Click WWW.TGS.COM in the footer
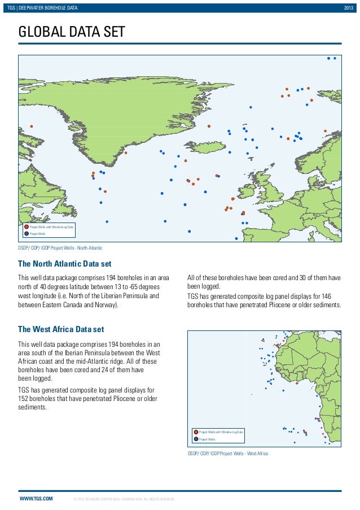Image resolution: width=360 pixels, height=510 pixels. [36, 499]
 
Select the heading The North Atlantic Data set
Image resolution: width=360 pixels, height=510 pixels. [65, 264]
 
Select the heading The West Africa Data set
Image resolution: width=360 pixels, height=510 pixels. [61, 329]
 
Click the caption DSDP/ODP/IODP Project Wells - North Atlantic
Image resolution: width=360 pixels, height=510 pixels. [60, 248]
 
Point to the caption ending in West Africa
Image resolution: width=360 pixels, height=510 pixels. [227, 454]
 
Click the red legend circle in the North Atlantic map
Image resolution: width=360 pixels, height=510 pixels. [26, 226]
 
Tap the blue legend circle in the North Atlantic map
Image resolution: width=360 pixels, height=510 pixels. [26, 233]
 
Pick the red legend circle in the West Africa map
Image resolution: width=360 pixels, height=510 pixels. [196, 432]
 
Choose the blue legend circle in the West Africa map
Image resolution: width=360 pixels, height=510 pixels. [196, 439]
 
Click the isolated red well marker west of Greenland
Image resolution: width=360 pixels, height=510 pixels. [32, 127]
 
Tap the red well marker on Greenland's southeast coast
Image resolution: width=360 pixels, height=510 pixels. [125, 152]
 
